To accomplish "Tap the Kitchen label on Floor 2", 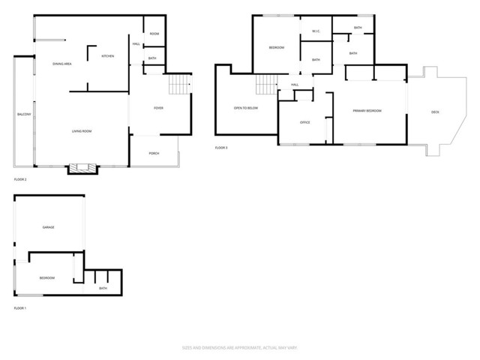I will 108,56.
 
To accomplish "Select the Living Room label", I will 82,132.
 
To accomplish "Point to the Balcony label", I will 24,114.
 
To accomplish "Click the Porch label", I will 154,153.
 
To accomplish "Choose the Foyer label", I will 159,108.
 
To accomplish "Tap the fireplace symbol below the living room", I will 82,168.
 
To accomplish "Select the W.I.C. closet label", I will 316,31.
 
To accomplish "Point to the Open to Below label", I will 246,108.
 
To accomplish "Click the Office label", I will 305,122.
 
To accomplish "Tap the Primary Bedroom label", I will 367,110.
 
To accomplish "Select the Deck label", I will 435,112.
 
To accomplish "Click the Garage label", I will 49,226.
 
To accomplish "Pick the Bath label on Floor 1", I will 103,288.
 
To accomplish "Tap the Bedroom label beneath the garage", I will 47,277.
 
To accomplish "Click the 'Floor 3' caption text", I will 221,148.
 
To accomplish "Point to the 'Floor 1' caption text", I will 20,308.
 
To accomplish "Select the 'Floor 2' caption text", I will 20,180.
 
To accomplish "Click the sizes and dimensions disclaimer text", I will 239,347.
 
